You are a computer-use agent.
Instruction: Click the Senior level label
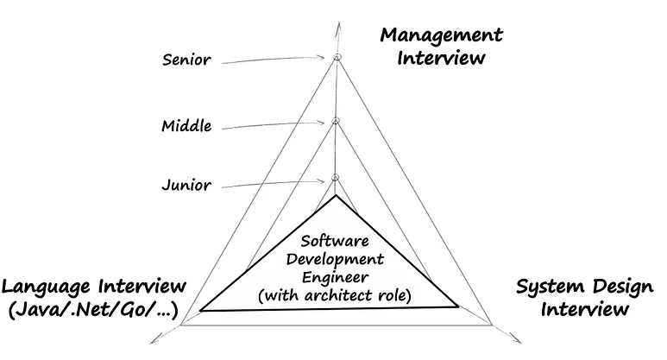click(x=186, y=60)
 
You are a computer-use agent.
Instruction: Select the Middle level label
click(x=186, y=127)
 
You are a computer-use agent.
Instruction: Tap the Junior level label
click(x=186, y=185)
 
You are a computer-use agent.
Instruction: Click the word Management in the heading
click(x=441, y=35)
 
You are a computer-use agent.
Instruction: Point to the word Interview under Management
click(x=441, y=59)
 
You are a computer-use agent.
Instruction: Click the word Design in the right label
click(x=614, y=287)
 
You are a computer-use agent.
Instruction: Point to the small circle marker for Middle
click(x=337, y=121)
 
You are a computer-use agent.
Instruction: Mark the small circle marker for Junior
click(x=337, y=178)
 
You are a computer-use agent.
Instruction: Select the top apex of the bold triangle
click(x=337, y=198)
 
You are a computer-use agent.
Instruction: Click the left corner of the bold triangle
click(x=201, y=308)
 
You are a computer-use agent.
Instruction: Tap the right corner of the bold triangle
click(x=459, y=305)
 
